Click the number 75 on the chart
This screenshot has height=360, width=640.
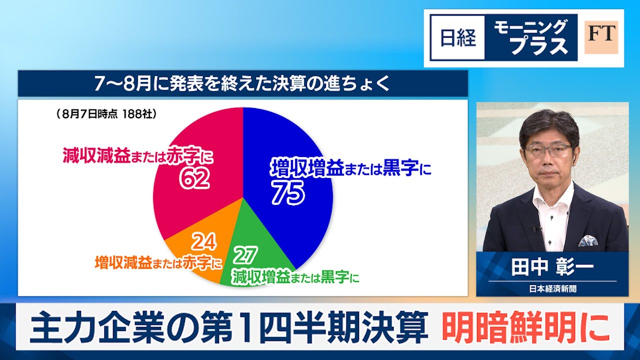(x=288, y=193)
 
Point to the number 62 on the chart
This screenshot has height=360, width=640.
(x=194, y=178)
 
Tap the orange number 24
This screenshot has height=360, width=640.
(x=204, y=241)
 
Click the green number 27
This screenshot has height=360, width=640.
(x=245, y=255)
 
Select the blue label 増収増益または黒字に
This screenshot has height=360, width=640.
(x=350, y=168)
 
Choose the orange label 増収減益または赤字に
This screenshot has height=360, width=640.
(x=158, y=262)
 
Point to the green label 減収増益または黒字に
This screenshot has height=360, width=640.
(x=295, y=276)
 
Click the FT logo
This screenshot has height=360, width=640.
(x=601, y=37)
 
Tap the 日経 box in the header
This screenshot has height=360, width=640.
(x=457, y=37)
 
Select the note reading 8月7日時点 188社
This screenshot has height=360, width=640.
(x=106, y=114)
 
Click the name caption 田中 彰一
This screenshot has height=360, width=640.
(x=552, y=267)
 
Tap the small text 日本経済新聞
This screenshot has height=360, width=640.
(x=552, y=289)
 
